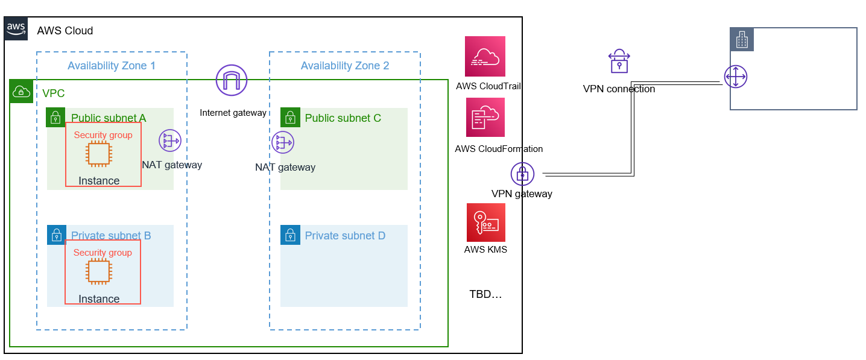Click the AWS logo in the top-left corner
(16, 28)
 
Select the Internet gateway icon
(232, 80)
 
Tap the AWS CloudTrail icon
(485, 56)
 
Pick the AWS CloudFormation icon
(485, 118)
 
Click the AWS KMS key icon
(486, 223)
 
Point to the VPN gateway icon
(522, 174)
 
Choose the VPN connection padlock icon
(619, 62)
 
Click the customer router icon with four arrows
(736, 77)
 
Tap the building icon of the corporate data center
(742, 40)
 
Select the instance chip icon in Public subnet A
(98, 154)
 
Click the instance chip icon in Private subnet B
(98, 272)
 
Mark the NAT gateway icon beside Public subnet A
(170, 141)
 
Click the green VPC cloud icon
(21, 92)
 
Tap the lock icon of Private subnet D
(291, 235)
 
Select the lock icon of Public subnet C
(291, 118)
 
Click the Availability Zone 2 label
(345, 66)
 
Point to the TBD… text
(485, 294)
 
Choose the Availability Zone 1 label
(112, 66)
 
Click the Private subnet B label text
(111, 236)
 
